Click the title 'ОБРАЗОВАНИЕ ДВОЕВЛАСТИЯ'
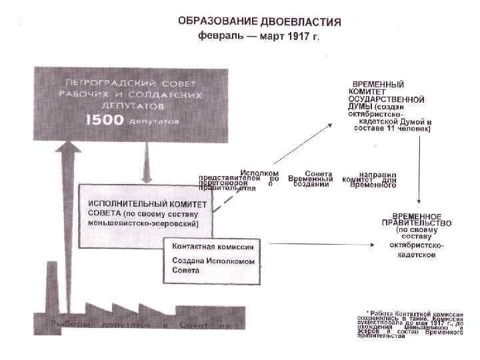click(259, 21)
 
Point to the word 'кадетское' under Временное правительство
click(417, 255)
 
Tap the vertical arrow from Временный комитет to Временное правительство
click(417, 170)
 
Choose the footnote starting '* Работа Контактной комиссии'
click(409, 324)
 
